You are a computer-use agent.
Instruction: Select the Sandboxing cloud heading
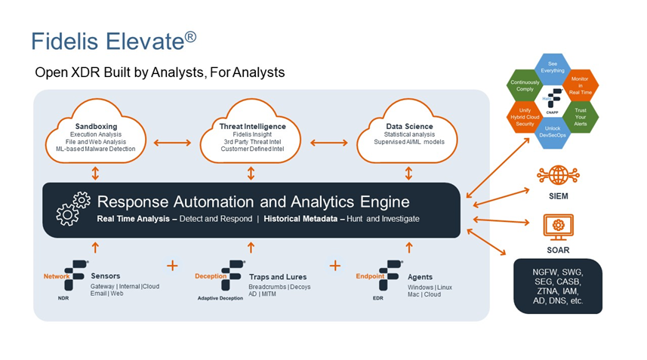pos(95,126)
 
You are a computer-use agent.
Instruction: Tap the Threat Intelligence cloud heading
pos(251,126)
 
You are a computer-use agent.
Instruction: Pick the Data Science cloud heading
pos(408,126)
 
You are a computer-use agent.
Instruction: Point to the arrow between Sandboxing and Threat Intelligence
pos(173,142)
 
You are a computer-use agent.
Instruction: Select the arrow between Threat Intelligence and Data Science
pos(330,142)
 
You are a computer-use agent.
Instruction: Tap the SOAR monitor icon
pos(558,226)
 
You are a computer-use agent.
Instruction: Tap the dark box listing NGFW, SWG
pos(558,285)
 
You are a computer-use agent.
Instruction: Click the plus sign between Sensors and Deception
pos(172,266)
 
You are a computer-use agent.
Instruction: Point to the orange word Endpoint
pos(370,276)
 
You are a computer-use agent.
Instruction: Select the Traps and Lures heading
pos(274,277)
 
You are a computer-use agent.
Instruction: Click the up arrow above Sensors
pos(95,247)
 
